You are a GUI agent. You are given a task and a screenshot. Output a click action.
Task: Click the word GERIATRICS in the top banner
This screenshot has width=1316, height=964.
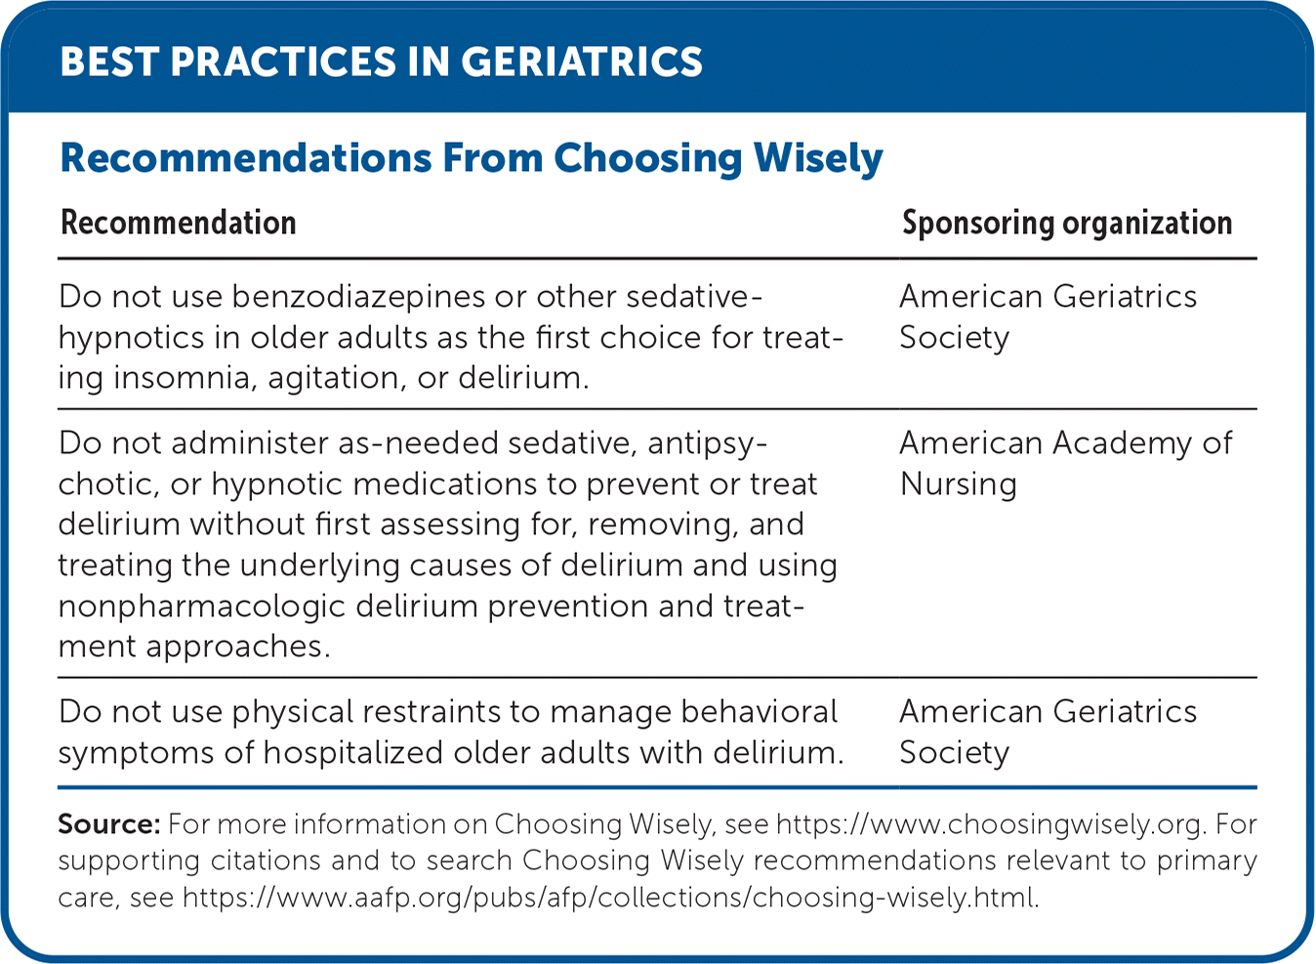click(582, 62)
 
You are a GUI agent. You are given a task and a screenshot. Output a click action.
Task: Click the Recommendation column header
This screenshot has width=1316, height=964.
click(178, 223)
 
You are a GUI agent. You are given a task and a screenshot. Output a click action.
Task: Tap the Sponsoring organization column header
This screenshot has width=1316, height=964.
click(1067, 224)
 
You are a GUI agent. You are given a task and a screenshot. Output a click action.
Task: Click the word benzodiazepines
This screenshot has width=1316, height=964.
click(358, 296)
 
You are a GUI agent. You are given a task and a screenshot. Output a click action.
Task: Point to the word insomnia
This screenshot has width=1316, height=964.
click(185, 377)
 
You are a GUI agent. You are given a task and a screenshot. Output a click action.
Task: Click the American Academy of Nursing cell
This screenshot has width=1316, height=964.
click(1066, 464)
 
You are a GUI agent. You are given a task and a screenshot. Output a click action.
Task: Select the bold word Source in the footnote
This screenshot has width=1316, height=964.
click(109, 824)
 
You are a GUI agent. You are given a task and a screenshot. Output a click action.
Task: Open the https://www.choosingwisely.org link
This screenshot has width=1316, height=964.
click(992, 825)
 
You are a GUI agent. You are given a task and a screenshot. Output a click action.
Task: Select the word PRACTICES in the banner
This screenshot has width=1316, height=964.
click(283, 62)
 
